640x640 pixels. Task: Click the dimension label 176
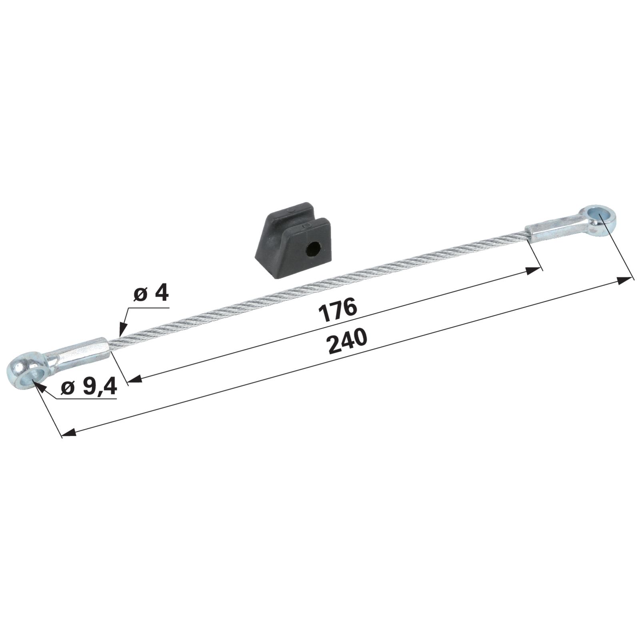coord(338,310)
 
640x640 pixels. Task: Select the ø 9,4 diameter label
coord(89,387)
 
